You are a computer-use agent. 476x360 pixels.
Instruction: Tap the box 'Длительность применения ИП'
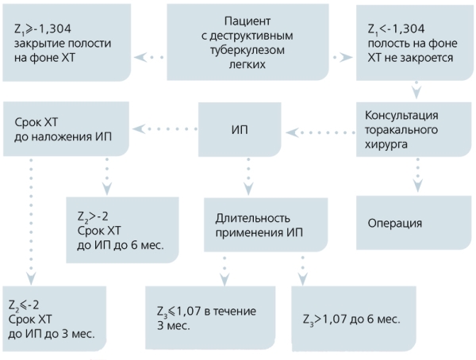pyautogui.click(x=262, y=225)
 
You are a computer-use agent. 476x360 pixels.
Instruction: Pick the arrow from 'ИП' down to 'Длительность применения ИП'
pyautogui.click(x=249, y=176)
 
